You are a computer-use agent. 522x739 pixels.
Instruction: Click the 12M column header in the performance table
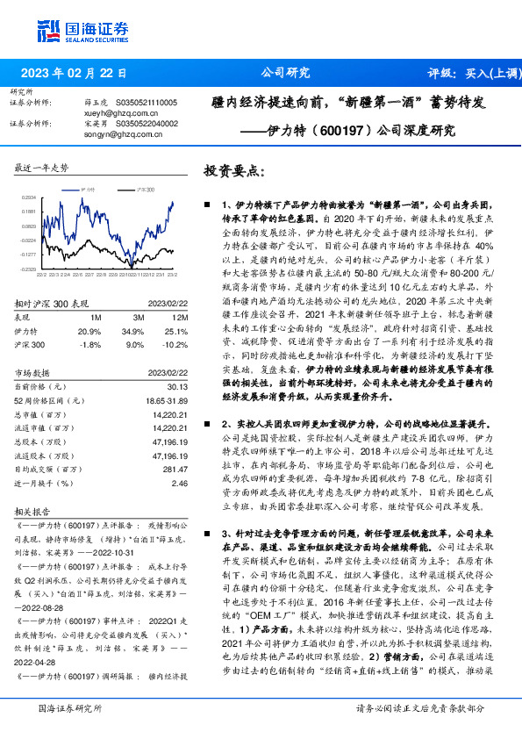click(x=180, y=317)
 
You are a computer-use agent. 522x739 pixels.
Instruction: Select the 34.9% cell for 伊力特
click(x=132, y=331)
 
